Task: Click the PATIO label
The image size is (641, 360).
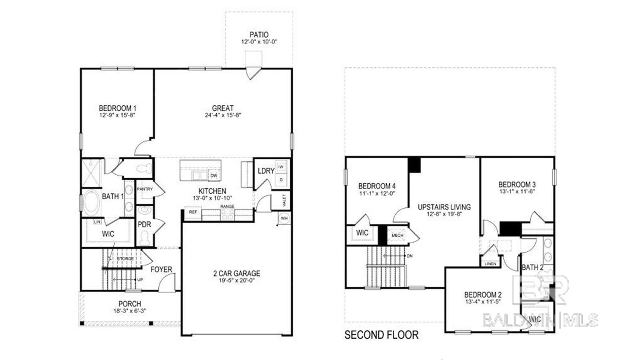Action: point(259,35)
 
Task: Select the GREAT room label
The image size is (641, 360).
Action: point(223,108)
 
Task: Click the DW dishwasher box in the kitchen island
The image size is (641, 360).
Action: point(214,175)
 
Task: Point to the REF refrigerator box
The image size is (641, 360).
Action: point(193,212)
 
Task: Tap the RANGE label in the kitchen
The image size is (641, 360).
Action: point(227,207)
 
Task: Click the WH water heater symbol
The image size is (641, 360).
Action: point(284,219)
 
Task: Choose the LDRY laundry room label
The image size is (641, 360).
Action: point(266,171)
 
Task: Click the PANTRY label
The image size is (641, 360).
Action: point(145,189)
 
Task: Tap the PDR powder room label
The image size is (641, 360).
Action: point(144,225)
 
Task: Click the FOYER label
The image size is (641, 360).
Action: point(161,269)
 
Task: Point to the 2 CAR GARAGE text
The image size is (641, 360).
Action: point(236,274)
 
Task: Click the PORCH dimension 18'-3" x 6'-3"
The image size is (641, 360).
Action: point(129,311)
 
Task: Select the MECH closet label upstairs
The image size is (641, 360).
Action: point(397,235)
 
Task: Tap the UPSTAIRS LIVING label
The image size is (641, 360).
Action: point(444,207)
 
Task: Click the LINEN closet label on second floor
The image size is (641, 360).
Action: point(490,264)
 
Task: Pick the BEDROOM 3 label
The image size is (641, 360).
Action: point(517,185)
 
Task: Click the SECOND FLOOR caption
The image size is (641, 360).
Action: point(381,335)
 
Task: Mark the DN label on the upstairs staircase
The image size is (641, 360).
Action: point(409,256)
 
